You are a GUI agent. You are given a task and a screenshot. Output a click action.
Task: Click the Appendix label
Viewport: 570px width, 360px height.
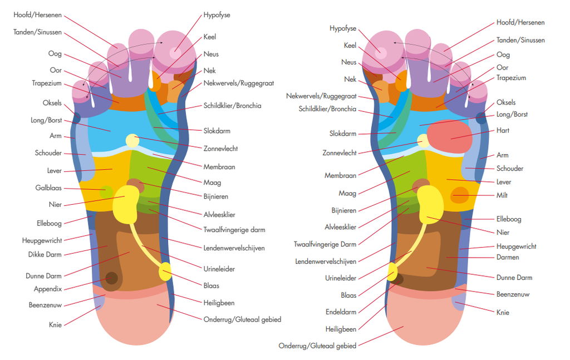[47, 289]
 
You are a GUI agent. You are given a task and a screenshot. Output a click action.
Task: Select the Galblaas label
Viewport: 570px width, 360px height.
[48, 188]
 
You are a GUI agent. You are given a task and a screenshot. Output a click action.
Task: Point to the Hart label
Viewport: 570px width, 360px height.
[503, 131]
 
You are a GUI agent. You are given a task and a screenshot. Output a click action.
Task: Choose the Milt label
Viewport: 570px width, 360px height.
[502, 195]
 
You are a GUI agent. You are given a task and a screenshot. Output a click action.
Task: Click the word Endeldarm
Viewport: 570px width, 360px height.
[341, 312]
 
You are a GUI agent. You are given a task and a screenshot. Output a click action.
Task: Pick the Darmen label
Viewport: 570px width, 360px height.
[508, 258]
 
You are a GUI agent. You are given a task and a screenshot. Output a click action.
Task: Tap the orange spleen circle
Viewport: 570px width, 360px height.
[460, 195]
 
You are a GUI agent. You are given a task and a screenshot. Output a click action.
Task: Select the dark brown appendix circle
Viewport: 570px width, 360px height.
[112, 278]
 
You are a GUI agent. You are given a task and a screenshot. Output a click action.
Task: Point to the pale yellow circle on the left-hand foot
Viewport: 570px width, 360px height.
[132, 141]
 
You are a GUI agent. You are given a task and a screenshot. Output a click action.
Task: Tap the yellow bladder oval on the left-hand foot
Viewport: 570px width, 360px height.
[165, 272]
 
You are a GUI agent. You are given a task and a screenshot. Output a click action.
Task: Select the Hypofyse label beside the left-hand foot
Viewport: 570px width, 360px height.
[217, 15]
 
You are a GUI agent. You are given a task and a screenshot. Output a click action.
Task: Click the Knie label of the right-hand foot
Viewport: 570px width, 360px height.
[503, 313]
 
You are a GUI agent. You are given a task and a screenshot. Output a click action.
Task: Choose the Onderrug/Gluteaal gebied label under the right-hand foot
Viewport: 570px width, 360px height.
[317, 346]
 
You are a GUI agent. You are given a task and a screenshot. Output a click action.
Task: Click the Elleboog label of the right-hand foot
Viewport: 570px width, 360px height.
[509, 219]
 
